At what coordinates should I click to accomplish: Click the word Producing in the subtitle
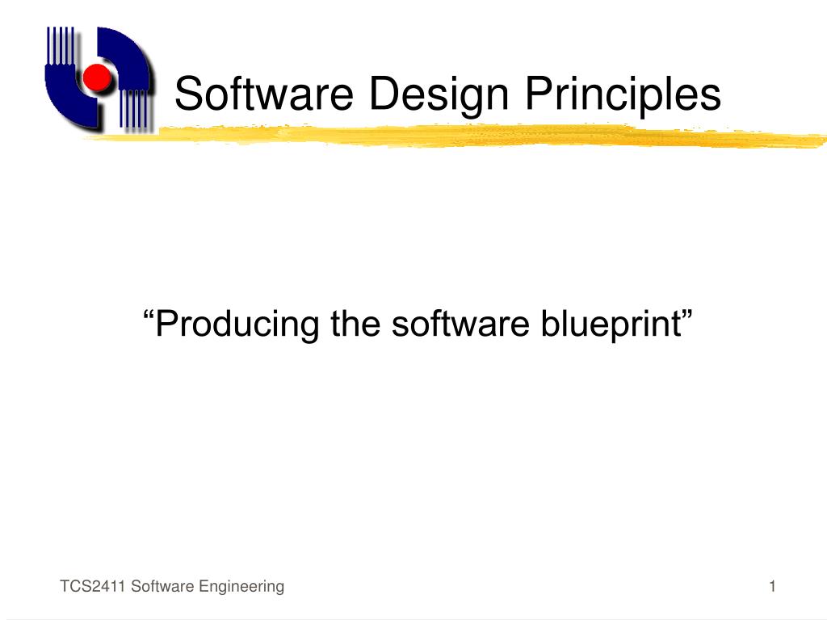(x=237, y=325)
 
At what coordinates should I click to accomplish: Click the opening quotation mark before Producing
(x=148, y=315)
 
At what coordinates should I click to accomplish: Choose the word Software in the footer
(x=158, y=587)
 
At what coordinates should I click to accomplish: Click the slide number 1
(x=772, y=587)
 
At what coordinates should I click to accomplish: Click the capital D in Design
(x=382, y=94)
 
